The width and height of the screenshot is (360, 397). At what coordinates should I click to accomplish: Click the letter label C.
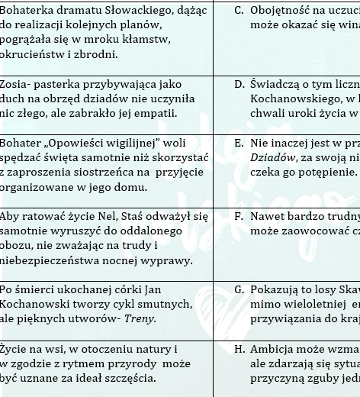(x=239, y=10)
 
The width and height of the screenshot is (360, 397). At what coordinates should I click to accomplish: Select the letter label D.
(x=239, y=84)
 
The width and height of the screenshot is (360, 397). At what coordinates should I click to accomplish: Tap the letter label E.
(x=239, y=143)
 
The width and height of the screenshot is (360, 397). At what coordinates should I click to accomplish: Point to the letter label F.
(x=239, y=216)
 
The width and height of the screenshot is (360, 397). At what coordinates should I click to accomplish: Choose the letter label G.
(x=239, y=289)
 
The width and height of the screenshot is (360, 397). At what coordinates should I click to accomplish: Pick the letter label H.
(x=239, y=349)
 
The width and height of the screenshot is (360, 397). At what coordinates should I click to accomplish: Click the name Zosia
(x=14, y=84)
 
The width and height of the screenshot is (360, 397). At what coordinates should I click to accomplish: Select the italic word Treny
(x=140, y=318)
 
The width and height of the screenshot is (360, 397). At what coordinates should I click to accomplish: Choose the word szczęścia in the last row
(x=132, y=377)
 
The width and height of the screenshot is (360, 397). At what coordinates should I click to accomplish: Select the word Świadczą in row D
(x=274, y=84)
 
